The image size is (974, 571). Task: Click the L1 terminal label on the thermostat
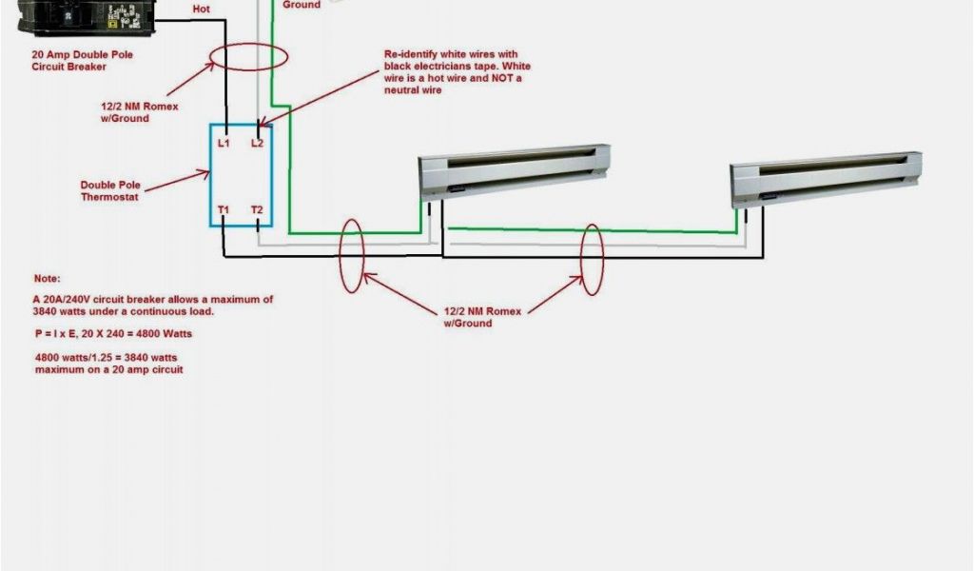tap(224, 143)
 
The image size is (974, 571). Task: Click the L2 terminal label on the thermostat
tap(257, 143)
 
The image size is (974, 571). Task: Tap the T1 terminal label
tap(224, 209)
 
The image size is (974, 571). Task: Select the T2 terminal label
tap(257, 209)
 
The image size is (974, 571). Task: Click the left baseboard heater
tap(515, 171)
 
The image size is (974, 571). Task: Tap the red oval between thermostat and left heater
tap(351, 255)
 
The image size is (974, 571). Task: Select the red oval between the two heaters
tap(593, 259)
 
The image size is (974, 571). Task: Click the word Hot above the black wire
tap(202, 9)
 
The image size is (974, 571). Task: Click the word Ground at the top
tap(302, 5)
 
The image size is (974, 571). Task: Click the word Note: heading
tap(47, 279)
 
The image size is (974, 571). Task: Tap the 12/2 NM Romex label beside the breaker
tap(139, 112)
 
